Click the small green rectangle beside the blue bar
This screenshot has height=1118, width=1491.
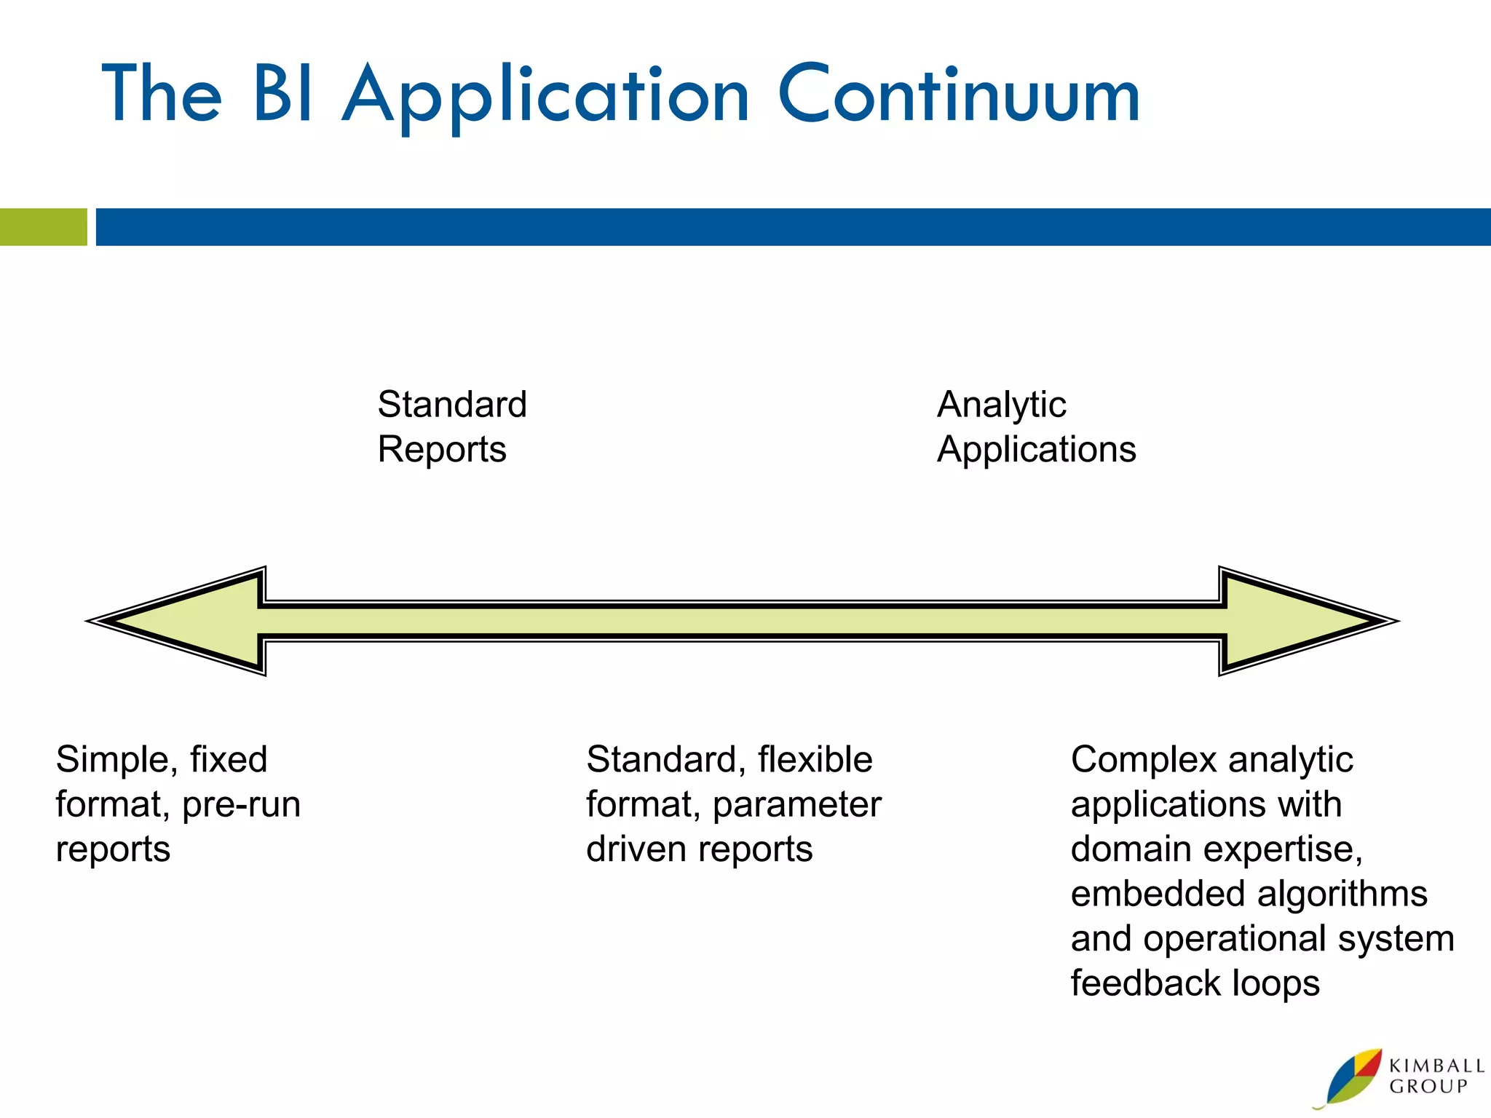43,227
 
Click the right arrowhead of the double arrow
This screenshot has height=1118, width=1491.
1303,621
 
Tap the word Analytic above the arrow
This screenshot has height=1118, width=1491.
1001,405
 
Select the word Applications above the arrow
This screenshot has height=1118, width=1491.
1036,450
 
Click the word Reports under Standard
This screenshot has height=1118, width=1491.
441,450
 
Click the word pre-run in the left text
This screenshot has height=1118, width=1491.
241,805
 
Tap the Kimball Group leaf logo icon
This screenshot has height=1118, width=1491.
1351,1077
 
